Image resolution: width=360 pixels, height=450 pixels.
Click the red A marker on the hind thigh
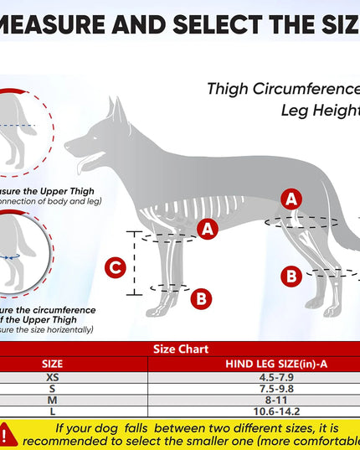point(291,199)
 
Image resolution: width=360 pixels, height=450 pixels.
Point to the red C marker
point(116,268)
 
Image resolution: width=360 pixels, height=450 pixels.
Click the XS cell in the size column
point(52,377)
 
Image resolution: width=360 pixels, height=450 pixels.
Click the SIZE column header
point(52,364)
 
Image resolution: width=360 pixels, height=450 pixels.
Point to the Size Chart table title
point(180,349)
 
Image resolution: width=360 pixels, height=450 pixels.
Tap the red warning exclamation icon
point(8,433)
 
